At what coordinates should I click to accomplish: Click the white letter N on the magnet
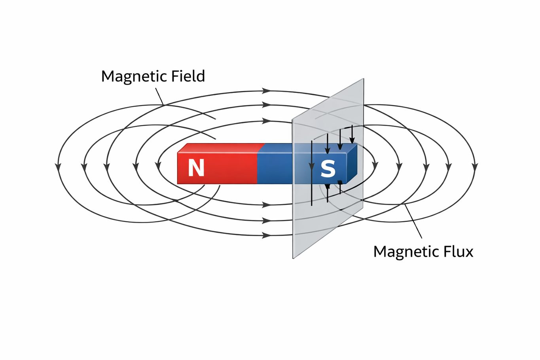pyautogui.click(x=196, y=168)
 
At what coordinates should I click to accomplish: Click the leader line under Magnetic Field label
pyautogui.click(x=159, y=96)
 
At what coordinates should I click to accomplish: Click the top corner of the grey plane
pyautogui.click(x=363, y=79)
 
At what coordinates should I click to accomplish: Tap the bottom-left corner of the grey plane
pyautogui.click(x=293, y=258)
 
